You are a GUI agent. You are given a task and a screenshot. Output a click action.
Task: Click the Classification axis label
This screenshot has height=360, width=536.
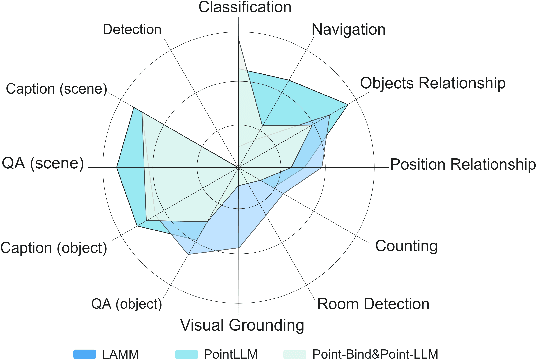[245, 8]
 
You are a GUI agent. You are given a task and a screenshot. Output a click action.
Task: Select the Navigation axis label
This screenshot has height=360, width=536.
[348, 29]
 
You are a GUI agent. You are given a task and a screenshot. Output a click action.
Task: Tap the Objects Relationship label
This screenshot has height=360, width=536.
[431, 82]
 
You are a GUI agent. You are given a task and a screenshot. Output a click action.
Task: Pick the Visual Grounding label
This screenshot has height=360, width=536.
[241, 326]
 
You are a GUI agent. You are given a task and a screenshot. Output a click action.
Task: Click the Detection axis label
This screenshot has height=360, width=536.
[131, 30]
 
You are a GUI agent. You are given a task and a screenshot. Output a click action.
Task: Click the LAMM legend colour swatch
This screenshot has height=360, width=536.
[86, 352]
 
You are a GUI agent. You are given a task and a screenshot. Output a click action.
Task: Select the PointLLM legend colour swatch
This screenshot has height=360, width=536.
[191, 352]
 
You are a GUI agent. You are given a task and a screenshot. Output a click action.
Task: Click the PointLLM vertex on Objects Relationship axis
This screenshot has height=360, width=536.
[348, 104]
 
